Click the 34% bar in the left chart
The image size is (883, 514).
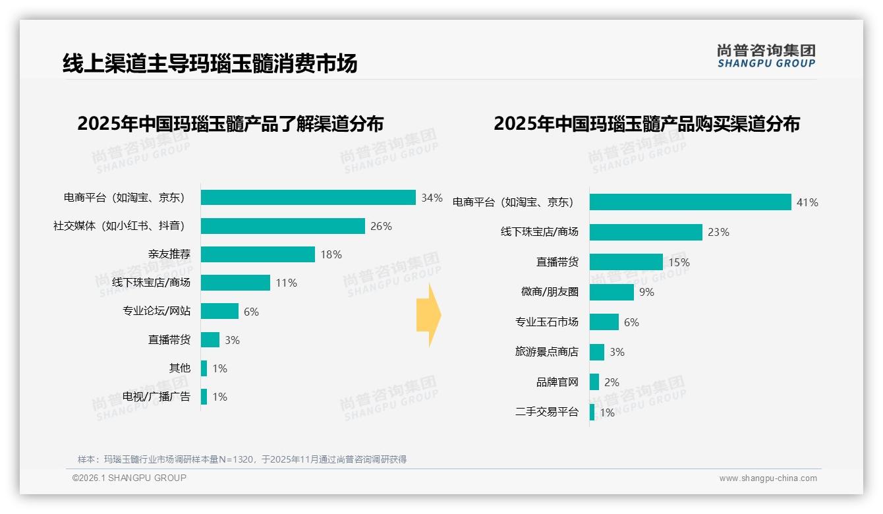click(308, 198)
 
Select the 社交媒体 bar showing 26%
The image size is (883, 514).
click(283, 226)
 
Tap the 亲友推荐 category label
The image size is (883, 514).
click(169, 254)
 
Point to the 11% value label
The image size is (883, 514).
click(287, 283)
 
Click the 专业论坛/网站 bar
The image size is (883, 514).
click(219, 311)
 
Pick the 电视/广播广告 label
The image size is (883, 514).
click(156, 397)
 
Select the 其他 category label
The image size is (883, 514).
click(180, 368)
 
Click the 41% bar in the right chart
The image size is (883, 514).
click(690, 202)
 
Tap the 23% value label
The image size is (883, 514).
click(718, 232)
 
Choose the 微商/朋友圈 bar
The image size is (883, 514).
click(612, 292)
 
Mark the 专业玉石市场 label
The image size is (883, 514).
click(547, 322)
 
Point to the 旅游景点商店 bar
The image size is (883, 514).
click(597, 352)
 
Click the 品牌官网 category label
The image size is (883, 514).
click(557, 382)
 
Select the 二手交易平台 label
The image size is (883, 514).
click(547, 412)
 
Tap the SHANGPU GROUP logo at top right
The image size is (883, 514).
click(766, 56)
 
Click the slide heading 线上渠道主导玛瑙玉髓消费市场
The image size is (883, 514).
click(210, 63)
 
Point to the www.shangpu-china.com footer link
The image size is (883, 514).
click(768, 478)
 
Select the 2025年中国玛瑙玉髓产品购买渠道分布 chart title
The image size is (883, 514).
click(646, 123)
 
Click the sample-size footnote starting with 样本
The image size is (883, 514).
click(242, 459)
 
